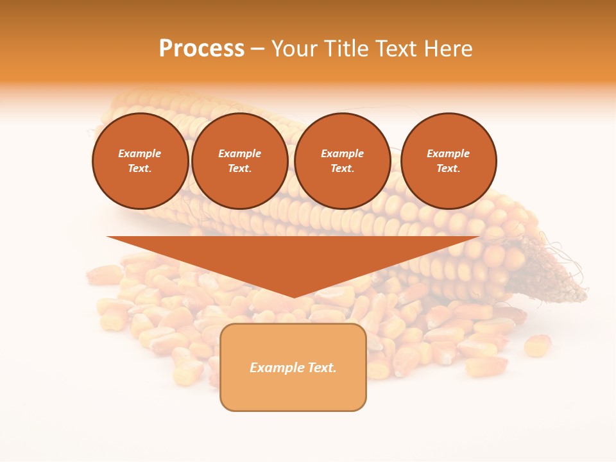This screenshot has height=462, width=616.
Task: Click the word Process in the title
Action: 201,48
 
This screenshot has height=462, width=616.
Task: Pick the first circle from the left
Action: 140,161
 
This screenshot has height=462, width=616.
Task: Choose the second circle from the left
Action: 239,161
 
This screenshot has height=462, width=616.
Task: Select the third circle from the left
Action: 342,161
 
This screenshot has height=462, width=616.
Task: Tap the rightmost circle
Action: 448,161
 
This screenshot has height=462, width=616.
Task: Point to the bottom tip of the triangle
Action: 294,296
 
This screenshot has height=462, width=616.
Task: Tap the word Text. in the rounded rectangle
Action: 321,368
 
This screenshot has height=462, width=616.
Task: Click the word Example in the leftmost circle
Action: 140,154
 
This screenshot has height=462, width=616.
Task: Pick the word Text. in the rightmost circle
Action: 448,169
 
